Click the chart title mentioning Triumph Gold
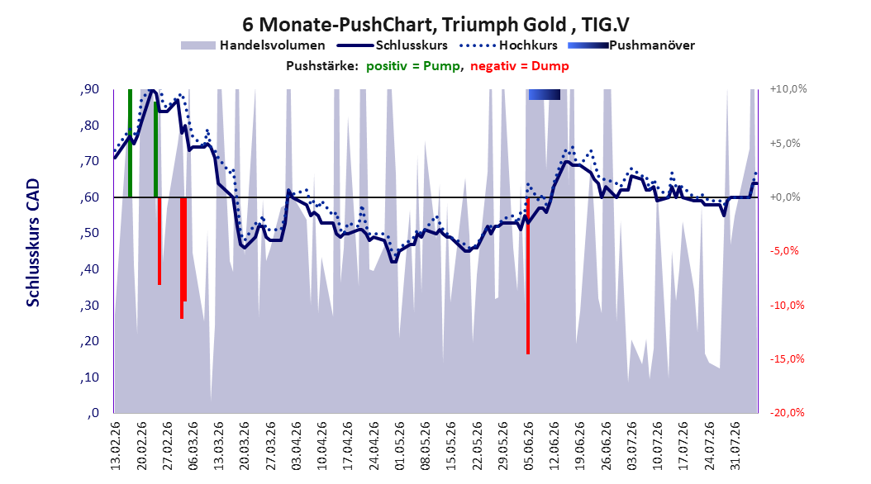(435, 25)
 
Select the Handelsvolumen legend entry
(253, 45)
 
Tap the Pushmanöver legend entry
(631, 45)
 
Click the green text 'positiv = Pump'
(412, 66)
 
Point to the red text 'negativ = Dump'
(520, 66)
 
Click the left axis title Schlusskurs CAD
(33, 242)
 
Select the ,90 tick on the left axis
(89, 89)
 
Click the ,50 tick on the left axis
(89, 233)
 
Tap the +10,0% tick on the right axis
(788, 89)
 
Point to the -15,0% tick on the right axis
(787, 359)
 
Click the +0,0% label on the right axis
(785, 197)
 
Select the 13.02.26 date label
(116, 447)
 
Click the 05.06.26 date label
(528, 447)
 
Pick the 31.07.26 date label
(735, 447)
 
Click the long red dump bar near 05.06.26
(528, 275)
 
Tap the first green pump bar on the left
(130, 143)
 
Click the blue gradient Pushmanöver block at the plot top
(545, 94)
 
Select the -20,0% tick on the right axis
(787, 412)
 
